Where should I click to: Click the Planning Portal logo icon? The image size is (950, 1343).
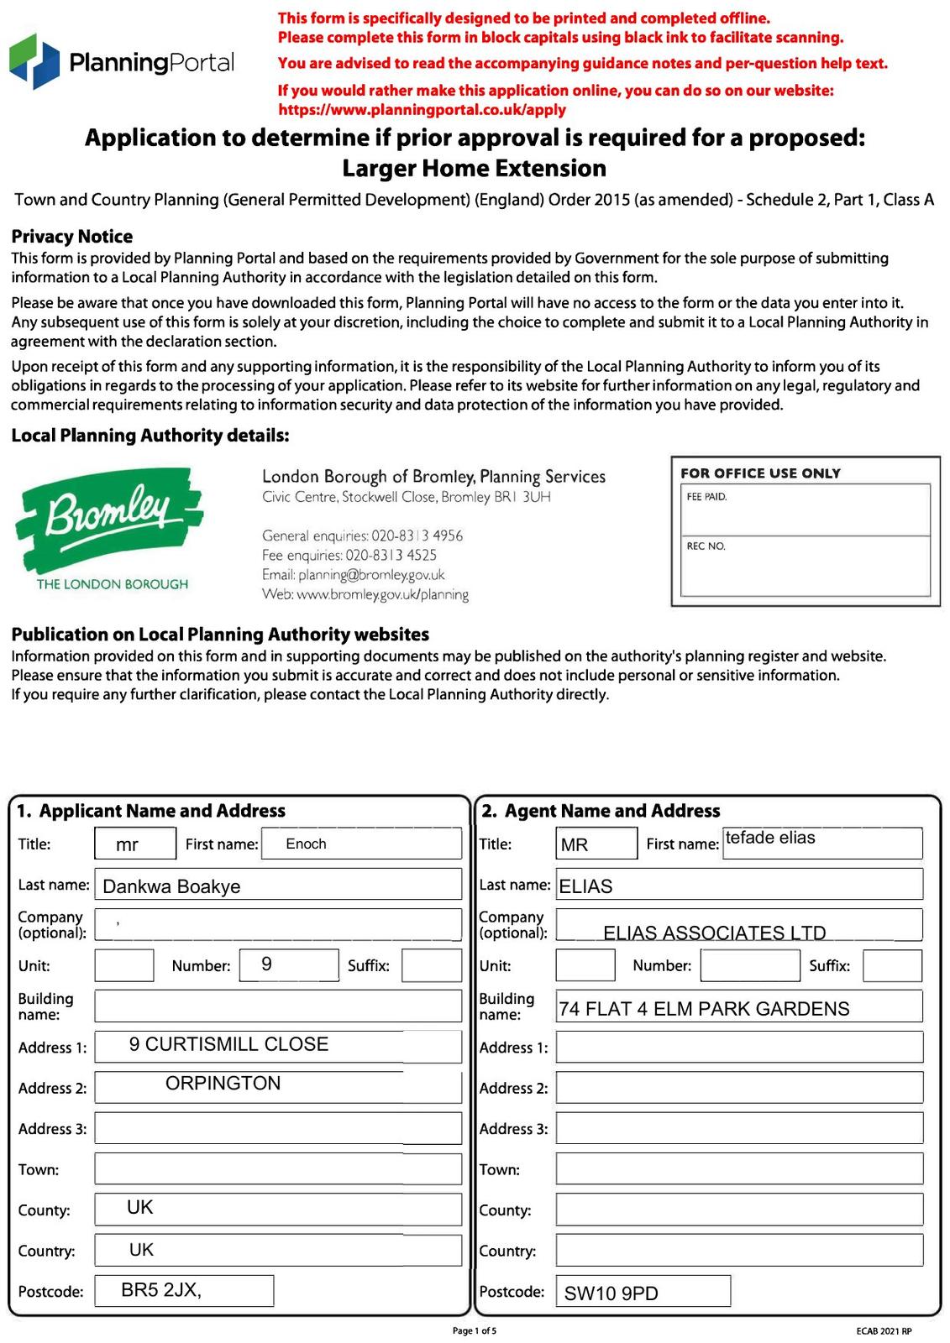(34, 61)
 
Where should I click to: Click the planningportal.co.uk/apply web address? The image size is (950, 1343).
(422, 109)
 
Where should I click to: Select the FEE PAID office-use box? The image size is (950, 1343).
(805, 510)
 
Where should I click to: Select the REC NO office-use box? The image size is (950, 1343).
(805, 566)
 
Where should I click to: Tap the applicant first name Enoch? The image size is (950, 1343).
(306, 844)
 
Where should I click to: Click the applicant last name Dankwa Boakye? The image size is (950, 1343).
(171, 886)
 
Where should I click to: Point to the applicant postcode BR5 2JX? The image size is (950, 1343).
(161, 1290)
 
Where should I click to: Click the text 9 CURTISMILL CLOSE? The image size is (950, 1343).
(228, 1044)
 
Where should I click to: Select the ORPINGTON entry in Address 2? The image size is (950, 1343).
(223, 1084)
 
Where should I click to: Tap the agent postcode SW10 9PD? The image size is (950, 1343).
(611, 1293)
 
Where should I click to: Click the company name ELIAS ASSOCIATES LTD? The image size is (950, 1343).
(714, 933)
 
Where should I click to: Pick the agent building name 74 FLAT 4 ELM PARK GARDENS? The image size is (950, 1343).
(704, 1009)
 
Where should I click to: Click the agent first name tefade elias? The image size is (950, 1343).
(770, 838)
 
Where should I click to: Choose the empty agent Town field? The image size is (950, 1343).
(739, 1169)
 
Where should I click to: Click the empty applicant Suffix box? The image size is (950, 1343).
(432, 965)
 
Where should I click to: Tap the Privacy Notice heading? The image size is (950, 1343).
(72, 237)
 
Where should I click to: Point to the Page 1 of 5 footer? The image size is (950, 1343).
(475, 1330)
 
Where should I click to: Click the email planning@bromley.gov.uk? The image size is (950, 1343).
(353, 575)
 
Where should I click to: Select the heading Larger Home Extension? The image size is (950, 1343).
(475, 169)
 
